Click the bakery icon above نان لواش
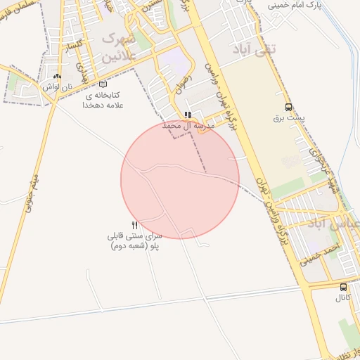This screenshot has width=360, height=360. [x=57, y=76]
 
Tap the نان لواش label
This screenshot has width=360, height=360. [x=56, y=86]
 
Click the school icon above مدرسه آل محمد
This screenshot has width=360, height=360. [x=187, y=115]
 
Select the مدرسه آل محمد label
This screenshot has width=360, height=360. [x=188, y=125]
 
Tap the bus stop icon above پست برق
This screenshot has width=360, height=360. [x=289, y=107]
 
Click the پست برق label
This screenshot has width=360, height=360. [x=288, y=117]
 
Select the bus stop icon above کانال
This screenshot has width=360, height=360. [x=343, y=287]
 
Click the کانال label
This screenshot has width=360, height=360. [x=342, y=297]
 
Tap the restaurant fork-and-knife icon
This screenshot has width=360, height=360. [x=135, y=225]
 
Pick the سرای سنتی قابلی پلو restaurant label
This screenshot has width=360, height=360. [x=134, y=241]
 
